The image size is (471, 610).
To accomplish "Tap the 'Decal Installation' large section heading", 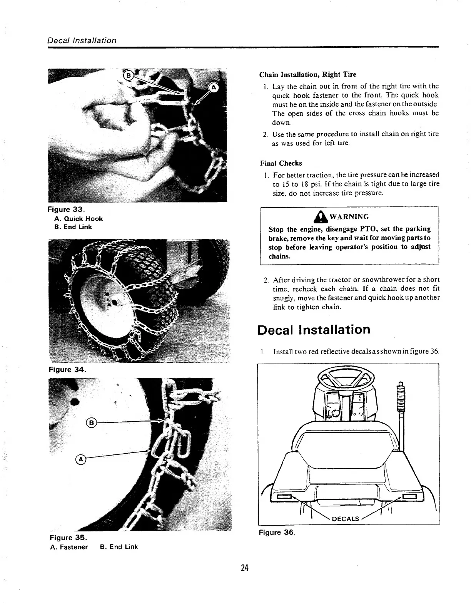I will coord(314,330).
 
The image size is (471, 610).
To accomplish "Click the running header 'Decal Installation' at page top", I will coord(82,40).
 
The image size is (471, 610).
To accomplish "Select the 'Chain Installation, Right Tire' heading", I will coord(307,74).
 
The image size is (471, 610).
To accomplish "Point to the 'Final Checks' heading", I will coord(281,163).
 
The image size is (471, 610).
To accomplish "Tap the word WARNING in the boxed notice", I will coord(349,217).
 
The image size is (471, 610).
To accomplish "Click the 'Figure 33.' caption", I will coord(66,210).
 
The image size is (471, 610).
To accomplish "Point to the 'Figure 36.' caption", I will coord(277,533).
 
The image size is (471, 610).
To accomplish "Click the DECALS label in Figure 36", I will coord(345,519).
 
